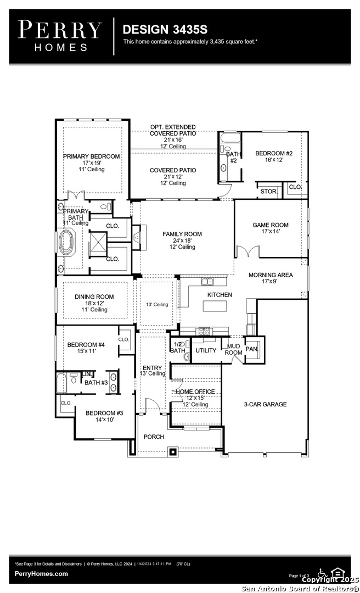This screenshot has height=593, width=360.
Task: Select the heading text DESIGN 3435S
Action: [x=157, y=29]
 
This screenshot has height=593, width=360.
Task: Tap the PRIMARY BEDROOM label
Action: [x=91, y=156]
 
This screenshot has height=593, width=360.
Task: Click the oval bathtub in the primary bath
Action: [x=68, y=243]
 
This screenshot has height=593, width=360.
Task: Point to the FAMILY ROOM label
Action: [x=182, y=234]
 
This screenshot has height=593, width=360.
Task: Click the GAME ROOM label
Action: [x=270, y=225]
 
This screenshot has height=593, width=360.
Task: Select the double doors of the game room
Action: [x=246, y=251]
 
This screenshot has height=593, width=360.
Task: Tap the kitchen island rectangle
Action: [x=215, y=306]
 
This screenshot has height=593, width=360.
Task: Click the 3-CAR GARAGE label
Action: [x=265, y=405]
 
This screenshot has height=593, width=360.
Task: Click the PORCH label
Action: [x=154, y=437]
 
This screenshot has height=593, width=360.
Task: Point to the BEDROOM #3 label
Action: [x=104, y=413]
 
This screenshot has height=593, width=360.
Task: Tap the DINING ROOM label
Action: [x=94, y=297]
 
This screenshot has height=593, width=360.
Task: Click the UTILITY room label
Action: [x=206, y=350]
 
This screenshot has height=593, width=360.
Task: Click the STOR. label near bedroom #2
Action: [x=268, y=192]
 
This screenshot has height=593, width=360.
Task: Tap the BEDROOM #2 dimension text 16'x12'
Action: [x=274, y=160]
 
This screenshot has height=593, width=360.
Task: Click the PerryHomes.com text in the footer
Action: [x=41, y=574]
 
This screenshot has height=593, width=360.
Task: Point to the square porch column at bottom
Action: [x=173, y=452]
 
